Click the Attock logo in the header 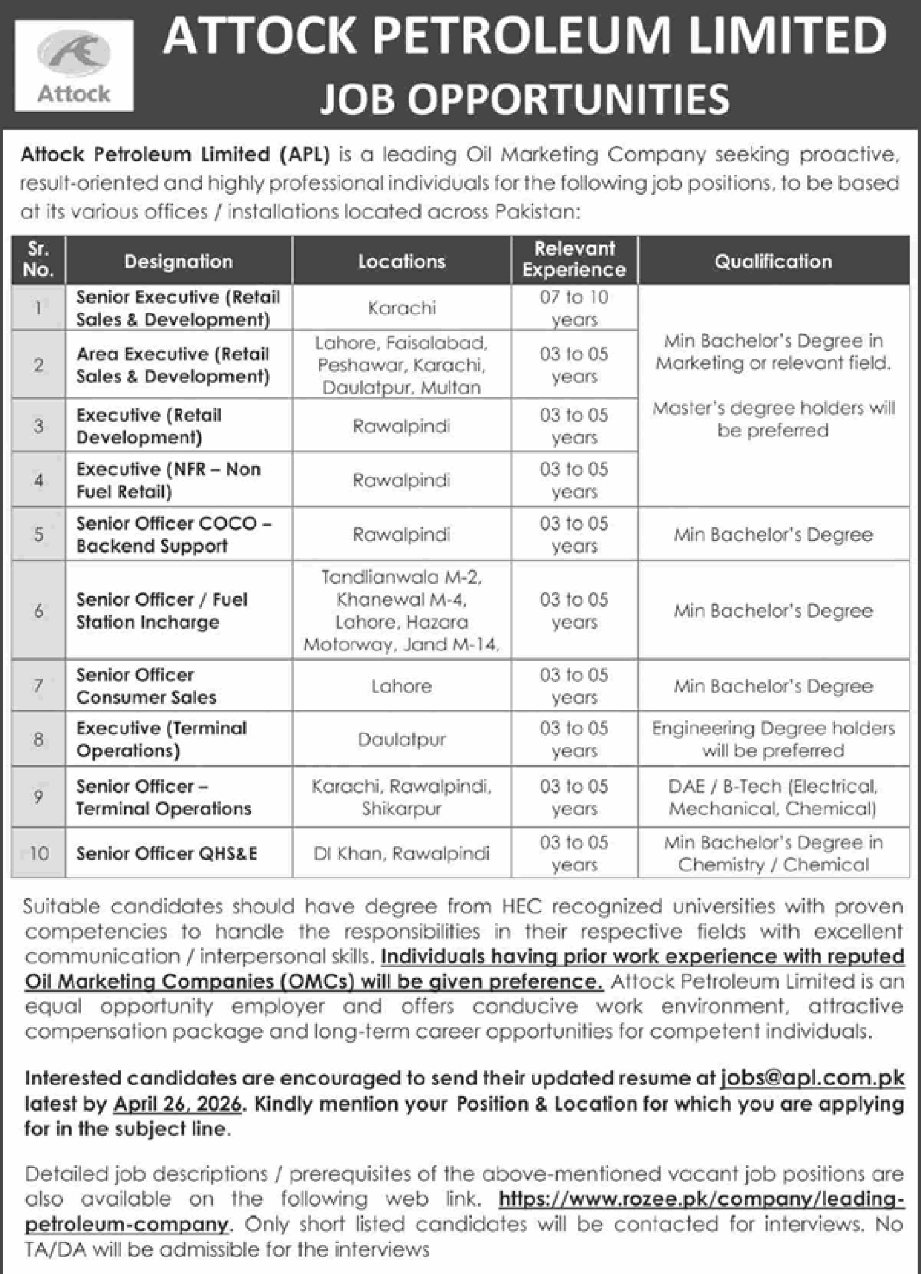click(x=73, y=66)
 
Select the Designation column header click(x=179, y=261)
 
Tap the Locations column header click(x=402, y=261)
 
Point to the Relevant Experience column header click(x=574, y=259)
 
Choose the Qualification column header click(x=773, y=261)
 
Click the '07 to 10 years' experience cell click(x=574, y=308)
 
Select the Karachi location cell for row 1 click(x=402, y=308)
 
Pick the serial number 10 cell click(x=39, y=853)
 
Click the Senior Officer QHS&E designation click(x=167, y=853)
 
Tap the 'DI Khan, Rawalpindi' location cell click(x=402, y=853)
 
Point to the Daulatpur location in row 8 click(x=402, y=739)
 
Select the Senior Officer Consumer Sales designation click(x=147, y=686)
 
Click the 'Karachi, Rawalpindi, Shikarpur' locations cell click(x=402, y=797)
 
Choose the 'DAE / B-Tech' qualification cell click(x=773, y=797)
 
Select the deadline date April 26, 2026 click(x=178, y=1104)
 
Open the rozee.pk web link click(x=701, y=1199)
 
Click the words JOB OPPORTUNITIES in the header click(x=525, y=98)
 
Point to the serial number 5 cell click(x=39, y=534)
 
